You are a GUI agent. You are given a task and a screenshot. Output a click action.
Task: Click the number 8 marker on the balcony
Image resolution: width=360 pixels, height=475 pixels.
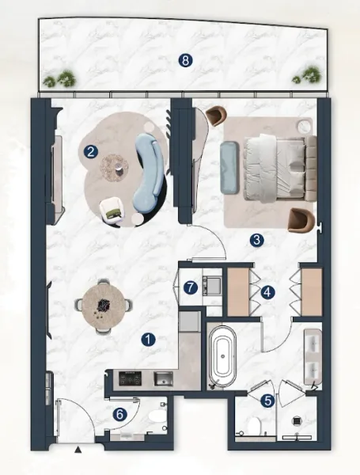point(184,59)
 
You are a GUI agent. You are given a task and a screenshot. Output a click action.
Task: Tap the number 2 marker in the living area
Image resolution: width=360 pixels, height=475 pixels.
point(92,150)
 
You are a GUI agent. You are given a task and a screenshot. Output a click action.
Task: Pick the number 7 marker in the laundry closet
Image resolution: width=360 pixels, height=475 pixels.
point(191,287)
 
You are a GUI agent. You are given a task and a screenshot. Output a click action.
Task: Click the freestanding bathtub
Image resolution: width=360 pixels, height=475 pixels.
point(222,359)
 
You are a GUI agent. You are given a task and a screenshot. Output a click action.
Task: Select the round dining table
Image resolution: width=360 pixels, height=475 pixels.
point(103,304)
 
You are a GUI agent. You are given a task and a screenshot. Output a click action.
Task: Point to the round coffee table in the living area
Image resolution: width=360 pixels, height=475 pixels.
point(117,165)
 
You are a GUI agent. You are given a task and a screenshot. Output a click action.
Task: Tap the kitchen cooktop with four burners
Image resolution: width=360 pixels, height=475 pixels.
point(128,378)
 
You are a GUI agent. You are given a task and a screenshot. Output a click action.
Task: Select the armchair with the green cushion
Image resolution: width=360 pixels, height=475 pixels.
point(112,208)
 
